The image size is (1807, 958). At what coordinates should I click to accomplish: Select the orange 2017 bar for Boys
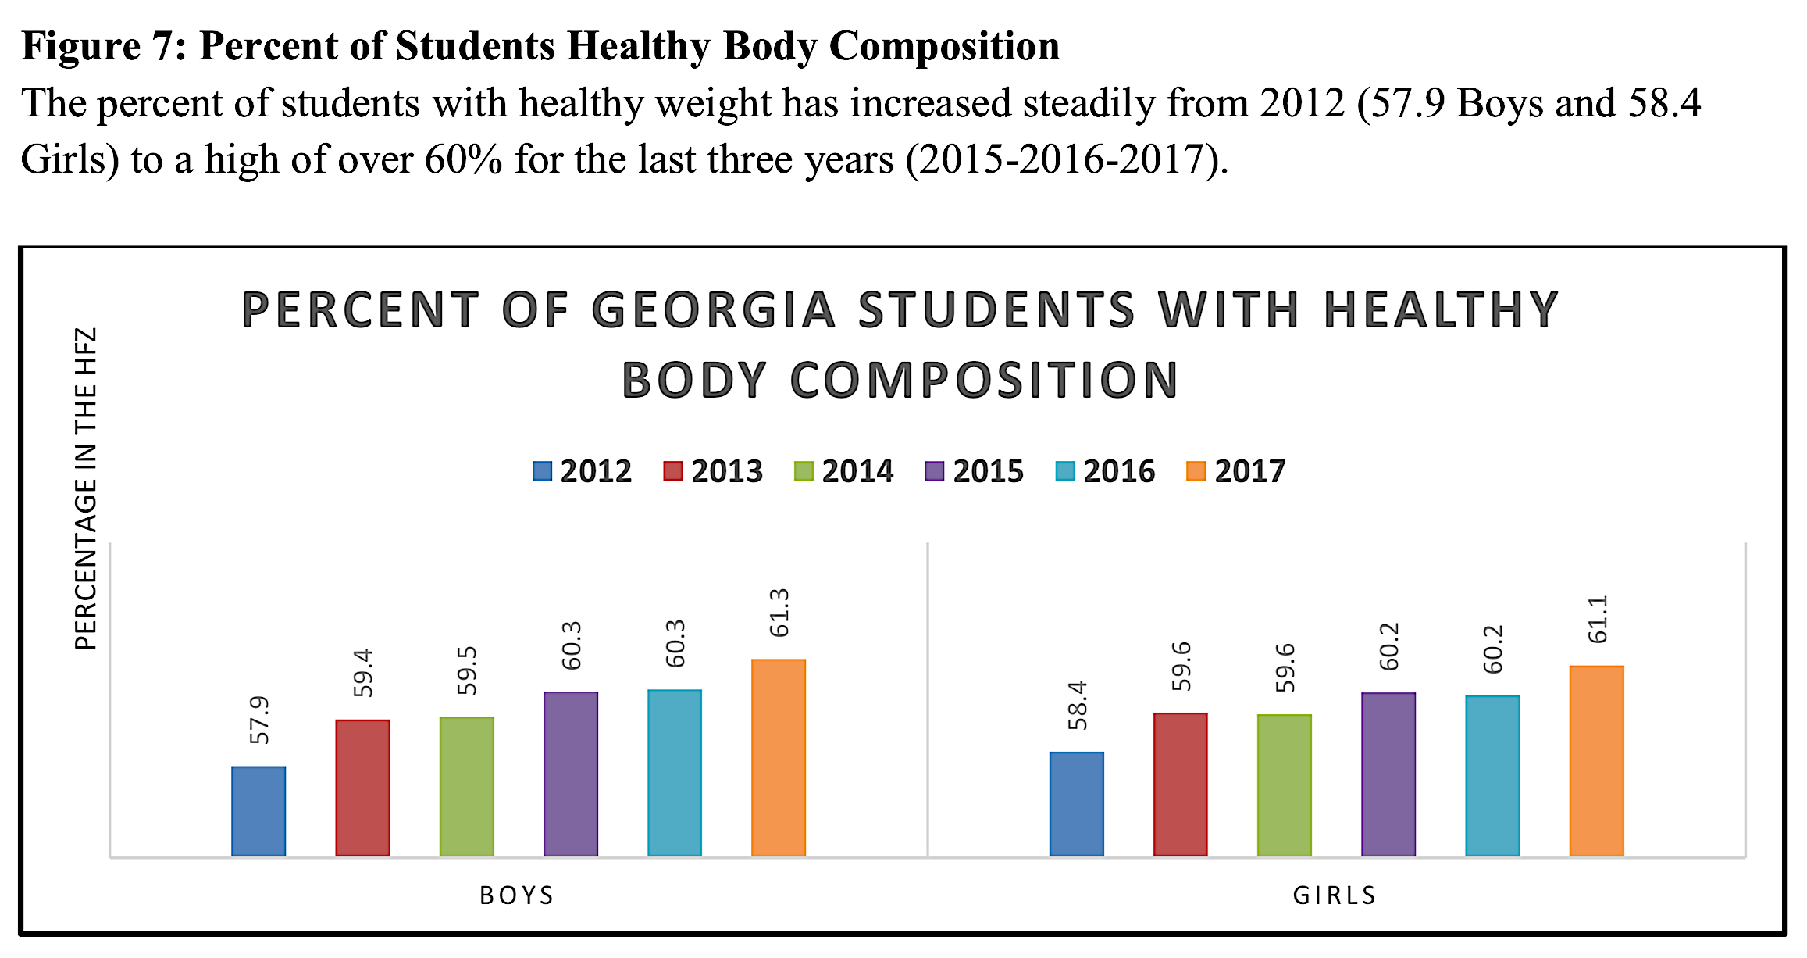click(x=779, y=757)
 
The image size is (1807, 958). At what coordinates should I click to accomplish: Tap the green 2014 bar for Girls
click(x=1285, y=785)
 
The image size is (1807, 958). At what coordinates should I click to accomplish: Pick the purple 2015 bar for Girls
click(x=1388, y=774)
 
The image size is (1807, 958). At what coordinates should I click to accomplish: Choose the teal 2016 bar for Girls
click(x=1492, y=775)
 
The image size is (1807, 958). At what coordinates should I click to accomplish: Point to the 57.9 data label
click(x=259, y=720)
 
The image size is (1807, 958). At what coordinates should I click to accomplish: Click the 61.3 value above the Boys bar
click(x=779, y=613)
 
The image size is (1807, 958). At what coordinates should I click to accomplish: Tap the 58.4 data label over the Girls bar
click(x=1078, y=705)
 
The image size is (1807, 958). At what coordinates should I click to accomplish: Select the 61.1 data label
click(x=1598, y=619)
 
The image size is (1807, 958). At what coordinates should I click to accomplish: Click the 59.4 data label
click(x=363, y=673)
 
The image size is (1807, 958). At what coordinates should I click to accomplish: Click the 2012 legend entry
click(x=583, y=471)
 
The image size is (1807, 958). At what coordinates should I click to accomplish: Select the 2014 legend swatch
click(x=804, y=471)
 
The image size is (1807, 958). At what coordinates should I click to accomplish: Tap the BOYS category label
click(x=517, y=895)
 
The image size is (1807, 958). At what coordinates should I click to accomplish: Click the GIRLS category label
click(x=1335, y=895)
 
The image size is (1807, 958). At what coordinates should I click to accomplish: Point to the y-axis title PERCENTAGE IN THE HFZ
click(x=86, y=488)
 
